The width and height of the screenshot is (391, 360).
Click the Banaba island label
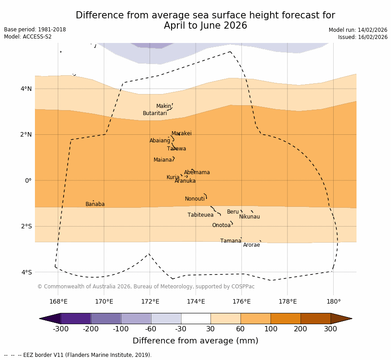(x=95, y=204)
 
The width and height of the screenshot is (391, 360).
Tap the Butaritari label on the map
(x=155, y=113)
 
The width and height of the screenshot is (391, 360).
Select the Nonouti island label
(x=195, y=199)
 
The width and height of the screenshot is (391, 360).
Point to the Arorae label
(x=252, y=245)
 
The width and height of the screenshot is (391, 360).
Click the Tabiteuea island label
(x=201, y=215)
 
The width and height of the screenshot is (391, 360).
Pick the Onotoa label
(x=221, y=225)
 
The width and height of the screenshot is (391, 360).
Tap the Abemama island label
(x=197, y=172)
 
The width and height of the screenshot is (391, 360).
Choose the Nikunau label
(x=249, y=217)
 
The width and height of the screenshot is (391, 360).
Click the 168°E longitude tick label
(x=58, y=301)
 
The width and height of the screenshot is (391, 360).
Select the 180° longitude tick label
(x=333, y=301)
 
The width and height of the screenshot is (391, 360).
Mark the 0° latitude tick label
(x=28, y=180)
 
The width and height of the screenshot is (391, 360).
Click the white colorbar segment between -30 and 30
(x=196, y=318)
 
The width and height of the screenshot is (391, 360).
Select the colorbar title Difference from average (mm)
(x=195, y=341)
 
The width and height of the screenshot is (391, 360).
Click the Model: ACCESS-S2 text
(x=28, y=37)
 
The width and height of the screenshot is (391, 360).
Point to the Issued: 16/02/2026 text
(x=363, y=37)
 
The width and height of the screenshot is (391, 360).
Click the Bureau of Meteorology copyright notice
(x=146, y=287)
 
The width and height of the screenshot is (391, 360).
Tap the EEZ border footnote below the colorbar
(x=78, y=355)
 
